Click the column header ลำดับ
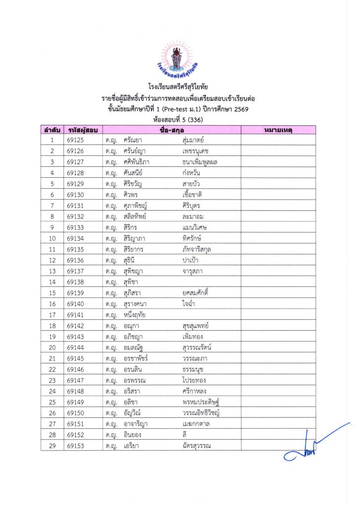tap(52, 130)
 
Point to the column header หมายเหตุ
tap(278, 130)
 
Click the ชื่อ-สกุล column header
tap(171, 130)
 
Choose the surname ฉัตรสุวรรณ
tap(197, 446)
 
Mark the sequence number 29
tap(52, 446)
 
